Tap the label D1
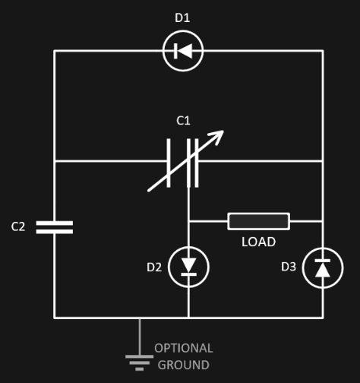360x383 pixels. [182, 18]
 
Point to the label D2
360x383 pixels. [154, 267]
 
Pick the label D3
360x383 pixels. [289, 267]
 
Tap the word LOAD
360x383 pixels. [258, 242]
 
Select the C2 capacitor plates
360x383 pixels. [55, 227]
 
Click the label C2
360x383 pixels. [18, 226]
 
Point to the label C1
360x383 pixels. [183, 121]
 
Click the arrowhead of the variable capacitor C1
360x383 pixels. [219, 134]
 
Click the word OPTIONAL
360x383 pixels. [184, 348]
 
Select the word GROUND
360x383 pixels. [184, 365]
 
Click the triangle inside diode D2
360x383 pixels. [189, 265]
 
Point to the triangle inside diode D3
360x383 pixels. [323, 270]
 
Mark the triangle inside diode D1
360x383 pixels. [185, 51]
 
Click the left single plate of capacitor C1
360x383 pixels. [169, 163]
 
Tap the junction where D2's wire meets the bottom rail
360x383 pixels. [188, 318]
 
